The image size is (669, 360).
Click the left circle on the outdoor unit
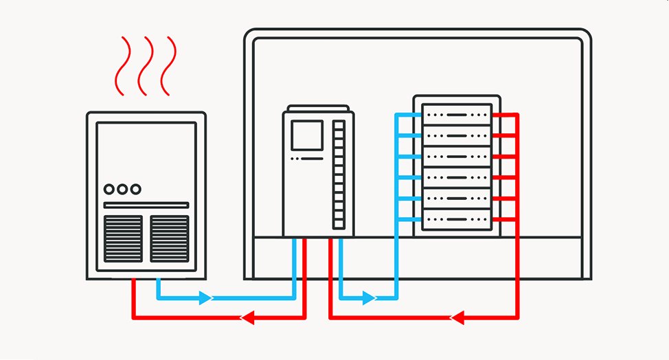[x=109, y=189]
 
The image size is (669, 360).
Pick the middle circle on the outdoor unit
[x=122, y=189]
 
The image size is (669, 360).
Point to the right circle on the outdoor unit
[x=135, y=189]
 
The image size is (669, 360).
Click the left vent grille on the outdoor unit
[x=124, y=238]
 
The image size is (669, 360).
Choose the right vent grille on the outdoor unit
[x=169, y=238]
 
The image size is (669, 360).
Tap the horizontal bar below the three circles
[x=146, y=205]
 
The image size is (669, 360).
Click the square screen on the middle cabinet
[x=307, y=135]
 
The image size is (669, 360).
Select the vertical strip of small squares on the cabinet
[x=339, y=175]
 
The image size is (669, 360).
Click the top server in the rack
[x=457, y=113]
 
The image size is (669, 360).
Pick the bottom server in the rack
[x=457, y=220]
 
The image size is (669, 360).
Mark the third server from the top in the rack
[x=457, y=156]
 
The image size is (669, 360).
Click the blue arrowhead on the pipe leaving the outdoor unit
[x=205, y=298]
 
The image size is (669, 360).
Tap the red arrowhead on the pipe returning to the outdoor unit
[x=247, y=317]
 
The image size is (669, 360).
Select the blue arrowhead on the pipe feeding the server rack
[x=369, y=298]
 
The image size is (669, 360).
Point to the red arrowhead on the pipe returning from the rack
[x=457, y=317]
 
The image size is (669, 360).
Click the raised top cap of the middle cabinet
[x=318, y=108]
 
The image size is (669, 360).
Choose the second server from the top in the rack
[x=457, y=135]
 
